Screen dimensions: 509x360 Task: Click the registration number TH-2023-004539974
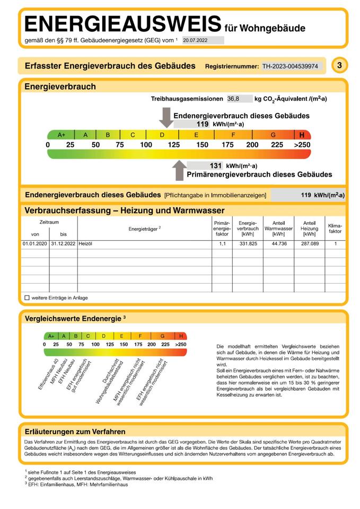point(290,66)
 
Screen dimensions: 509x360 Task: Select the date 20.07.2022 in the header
point(196,40)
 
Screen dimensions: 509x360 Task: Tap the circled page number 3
point(339,65)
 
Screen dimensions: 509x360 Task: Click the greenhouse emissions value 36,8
point(233,99)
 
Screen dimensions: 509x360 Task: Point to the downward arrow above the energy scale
point(166,117)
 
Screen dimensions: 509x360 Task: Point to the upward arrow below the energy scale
point(179,171)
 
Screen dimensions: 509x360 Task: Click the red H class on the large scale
point(302,135)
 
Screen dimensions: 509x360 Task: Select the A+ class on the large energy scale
point(61,135)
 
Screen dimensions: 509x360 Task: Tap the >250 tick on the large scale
point(303,145)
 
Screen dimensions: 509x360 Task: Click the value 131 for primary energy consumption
point(215,166)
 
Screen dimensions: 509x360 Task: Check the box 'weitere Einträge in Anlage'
point(27,298)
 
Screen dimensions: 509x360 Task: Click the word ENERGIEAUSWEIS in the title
point(122,24)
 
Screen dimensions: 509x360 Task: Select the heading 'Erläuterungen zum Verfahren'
point(75,432)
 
